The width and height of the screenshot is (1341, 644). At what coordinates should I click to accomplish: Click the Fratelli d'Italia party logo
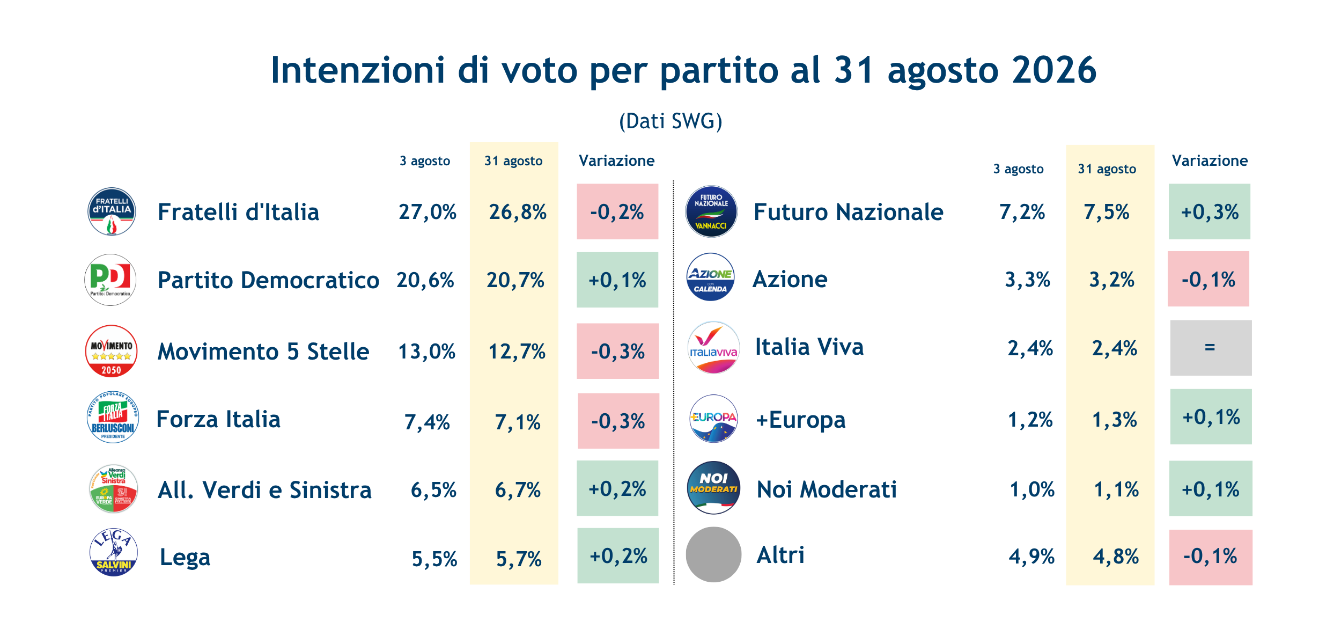(x=112, y=211)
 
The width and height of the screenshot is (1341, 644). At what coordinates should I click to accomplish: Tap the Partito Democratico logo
(x=110, y=280)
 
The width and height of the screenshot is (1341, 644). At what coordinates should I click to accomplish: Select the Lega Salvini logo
(x=113, y=552)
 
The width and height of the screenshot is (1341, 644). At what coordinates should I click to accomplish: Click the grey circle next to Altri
(x=713, y=554)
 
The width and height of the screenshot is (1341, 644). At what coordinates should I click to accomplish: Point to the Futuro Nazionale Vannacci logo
(x=711, y=211)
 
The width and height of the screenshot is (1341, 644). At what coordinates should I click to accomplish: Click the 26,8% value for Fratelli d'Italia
(x=518, y=212)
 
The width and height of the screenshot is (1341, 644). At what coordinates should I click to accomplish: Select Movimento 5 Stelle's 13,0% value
(x=426, y=352)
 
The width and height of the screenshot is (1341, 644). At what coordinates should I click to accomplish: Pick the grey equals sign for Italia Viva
(x=1210, y=347)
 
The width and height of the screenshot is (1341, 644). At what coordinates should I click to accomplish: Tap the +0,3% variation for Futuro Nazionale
(x=1210, y=212)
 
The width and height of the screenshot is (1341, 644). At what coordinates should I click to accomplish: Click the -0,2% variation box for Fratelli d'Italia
(x=617, y=211)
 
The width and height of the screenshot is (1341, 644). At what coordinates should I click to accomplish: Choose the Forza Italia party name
(x=218, y=419)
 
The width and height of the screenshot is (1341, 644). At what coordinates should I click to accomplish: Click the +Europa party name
(x=800, y=420)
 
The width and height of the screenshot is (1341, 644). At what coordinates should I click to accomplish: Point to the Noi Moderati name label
(x=827, y=489)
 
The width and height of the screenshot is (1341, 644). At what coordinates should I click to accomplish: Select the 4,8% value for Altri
(x=1116, y=557)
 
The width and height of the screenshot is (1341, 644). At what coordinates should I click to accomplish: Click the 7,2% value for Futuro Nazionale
(x=1022, y=212)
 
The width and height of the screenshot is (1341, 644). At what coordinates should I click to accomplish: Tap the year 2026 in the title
(x=1054, y=70)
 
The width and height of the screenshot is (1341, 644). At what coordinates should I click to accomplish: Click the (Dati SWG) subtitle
(x=670, y=121)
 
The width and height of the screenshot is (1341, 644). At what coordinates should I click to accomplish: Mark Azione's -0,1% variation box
(x=1209, y=279)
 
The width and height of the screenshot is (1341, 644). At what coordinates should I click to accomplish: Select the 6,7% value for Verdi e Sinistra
(x=518, y=490)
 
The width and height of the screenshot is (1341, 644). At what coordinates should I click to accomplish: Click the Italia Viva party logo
(x=713, y=348)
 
